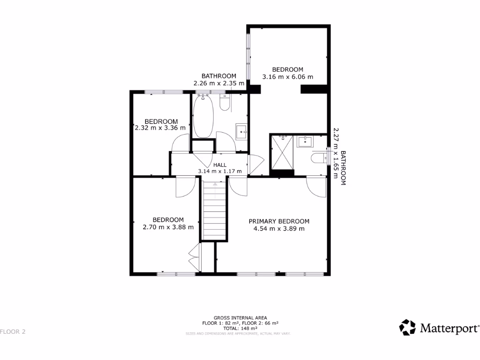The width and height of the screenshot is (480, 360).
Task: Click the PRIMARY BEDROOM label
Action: (x=279, y=221)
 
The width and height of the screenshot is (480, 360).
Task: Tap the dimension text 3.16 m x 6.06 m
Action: (x=288, y=77)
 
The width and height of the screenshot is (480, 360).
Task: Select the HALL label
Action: (x=220, y=165)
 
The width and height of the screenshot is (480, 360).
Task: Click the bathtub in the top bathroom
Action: (x=203, y=116)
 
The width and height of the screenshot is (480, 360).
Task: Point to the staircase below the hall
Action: (x=215, y=211)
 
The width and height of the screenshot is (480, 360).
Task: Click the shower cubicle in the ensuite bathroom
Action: (x=282, y=153)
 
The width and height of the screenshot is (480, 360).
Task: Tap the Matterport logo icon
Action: (x=407, y=328)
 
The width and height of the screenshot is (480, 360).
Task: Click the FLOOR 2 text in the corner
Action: (x=13, y=332)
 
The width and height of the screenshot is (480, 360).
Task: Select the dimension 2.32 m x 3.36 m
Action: (x=160, y=127)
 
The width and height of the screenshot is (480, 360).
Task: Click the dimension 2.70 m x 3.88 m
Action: (x=168, y=227)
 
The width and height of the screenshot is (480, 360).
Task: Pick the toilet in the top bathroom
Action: (x=225, y=103)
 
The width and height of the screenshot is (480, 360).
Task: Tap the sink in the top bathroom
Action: (x=241, y=131)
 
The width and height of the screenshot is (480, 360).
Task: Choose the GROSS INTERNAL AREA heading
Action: (x=240, y=318)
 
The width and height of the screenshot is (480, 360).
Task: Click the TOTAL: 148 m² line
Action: (x=240, y=329)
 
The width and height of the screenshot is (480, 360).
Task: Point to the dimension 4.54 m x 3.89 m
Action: (x=279, y=229)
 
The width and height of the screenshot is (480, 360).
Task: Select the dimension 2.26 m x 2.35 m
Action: (x=219, y=83)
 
